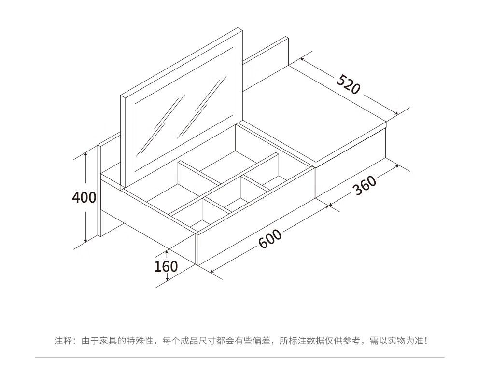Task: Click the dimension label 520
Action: [348, 84]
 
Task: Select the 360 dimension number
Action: [365, 185]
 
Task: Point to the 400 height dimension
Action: [84, 197]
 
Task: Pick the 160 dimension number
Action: [166, 266]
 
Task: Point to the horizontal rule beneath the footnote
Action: [239, 357]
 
